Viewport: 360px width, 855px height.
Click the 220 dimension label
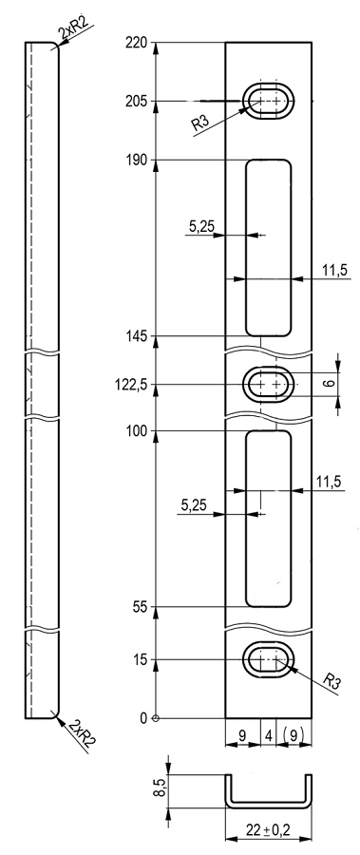pyautogui.click(x=137, y=42)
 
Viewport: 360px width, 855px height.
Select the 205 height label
pyautogui.click(x=137, y=101)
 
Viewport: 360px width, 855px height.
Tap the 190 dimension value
pyautogui.click(x=137, y=160)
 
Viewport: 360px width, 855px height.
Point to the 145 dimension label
pyautogui.click(x=137, y=336)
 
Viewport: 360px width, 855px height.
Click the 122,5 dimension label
pyautogui.click(x=131, y=385)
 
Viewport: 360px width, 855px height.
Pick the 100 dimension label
pyautogui.click(x=137, y=431)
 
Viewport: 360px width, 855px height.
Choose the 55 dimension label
pyautogui.click(x=141, y=607)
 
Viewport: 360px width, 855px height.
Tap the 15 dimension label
pyautogui.click(x=141, y=660)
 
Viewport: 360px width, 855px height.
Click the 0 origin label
pyautogui.click(x=143, y=718)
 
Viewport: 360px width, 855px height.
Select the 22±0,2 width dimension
pyautogui.click(x=268, y=830)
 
